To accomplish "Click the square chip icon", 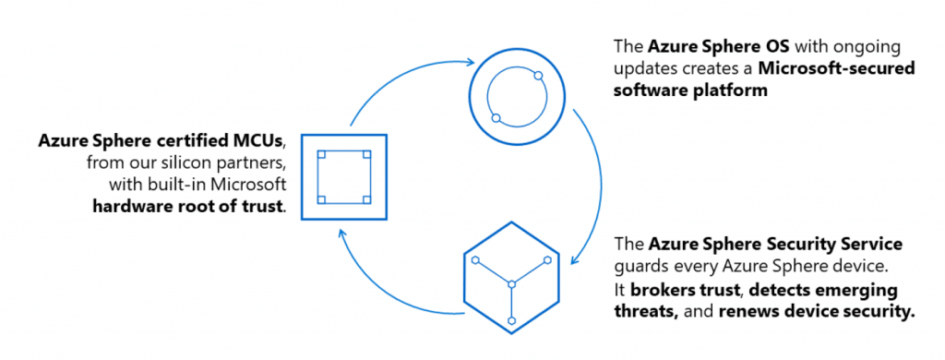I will pos(342,176).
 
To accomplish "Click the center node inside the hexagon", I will pos(510,283).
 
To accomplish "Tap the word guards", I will pos(640,268).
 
